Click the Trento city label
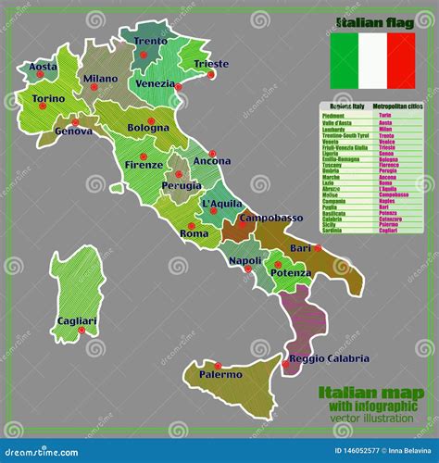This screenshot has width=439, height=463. click(151, 42)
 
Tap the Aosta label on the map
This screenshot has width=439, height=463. click(44, 67)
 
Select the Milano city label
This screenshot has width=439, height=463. click(101, 79)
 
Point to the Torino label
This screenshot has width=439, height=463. click(48, 98)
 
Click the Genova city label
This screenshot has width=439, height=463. click(74, 131)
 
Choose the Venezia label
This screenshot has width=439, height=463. click(155, 83)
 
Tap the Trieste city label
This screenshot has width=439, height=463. click(211, 64)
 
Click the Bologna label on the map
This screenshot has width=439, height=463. click(148, 127)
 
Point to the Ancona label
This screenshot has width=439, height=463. click(212, 161)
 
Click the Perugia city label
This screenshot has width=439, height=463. click(182, 184)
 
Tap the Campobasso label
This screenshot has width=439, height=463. click(271, 219)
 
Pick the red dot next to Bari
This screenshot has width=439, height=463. click(318, 247)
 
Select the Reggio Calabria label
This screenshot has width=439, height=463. click(329, 358)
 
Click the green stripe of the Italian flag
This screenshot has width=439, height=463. click(344, 60)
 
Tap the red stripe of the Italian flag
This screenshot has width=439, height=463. click(400, 60)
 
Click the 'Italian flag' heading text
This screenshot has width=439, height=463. click(371, 19)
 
